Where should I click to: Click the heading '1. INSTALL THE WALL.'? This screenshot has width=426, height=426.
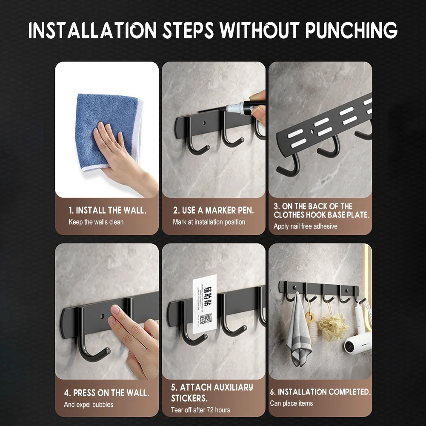click(x=108, y=210)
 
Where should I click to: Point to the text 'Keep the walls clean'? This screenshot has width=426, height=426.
click(x=96, y=222)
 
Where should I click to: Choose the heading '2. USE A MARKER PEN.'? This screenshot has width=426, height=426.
click(x=213, y=210)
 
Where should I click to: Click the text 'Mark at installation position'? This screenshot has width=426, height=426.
click(x=209, y=222)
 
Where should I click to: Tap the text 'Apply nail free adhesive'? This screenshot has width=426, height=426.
click(x=306, y=226)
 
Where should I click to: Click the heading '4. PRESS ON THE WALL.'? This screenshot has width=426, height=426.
click(x=106, y=393)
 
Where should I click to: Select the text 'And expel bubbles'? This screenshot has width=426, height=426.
click(x=89, y=405)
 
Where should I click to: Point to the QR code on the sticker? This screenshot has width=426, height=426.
click(x=206, y=319)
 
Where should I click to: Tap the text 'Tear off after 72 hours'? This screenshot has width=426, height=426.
click(x=200, y=410)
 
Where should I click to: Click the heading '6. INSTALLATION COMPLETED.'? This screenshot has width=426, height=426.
click(x=320, y=392)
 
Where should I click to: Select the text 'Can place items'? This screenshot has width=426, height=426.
click(x=292, y=403)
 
